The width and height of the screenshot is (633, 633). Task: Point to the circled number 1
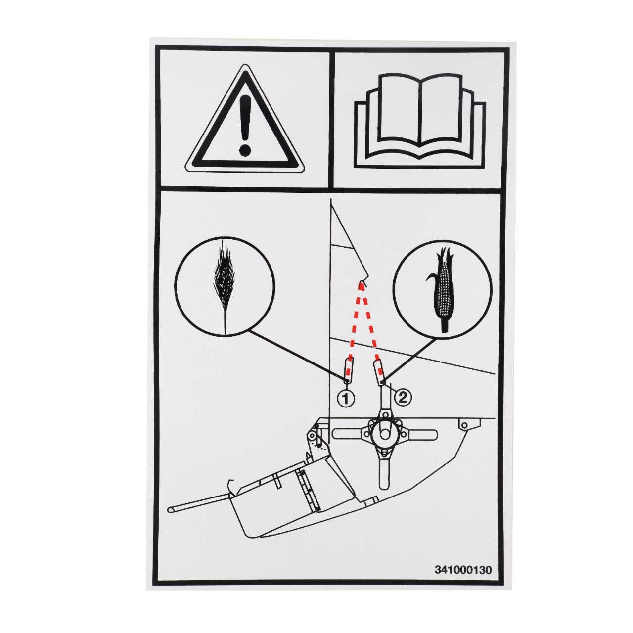click(346, 398)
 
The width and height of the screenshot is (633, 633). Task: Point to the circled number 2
click(404, 397)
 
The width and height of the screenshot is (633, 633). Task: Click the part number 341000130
click(463, 569)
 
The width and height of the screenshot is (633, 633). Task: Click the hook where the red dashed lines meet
click(362, 283)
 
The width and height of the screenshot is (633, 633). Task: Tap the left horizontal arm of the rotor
click(349, 434)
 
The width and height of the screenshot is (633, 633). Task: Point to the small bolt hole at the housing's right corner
click(463, 425)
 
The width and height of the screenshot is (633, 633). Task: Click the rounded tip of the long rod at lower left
click(171, 509)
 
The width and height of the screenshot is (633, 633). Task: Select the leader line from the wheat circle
click(297, 355)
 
